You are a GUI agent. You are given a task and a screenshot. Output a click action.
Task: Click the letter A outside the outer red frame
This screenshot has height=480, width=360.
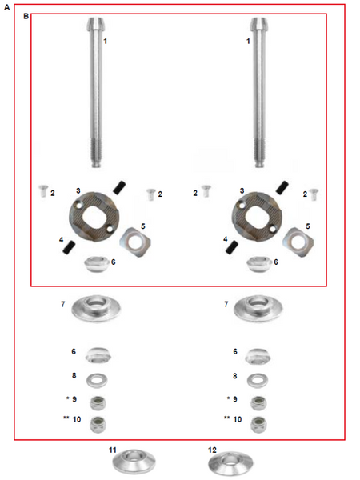[6, 7]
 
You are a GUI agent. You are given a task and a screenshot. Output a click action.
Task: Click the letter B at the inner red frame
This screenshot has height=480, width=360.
[26, 16]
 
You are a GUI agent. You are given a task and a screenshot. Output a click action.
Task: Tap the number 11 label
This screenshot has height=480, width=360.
[113, 450]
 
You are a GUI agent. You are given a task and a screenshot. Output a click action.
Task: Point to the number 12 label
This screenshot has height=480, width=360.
[212, 450]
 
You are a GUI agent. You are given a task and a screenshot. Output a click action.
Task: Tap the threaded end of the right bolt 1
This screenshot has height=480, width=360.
[258, 153]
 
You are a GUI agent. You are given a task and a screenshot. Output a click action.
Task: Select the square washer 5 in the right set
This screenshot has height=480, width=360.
[298, 242]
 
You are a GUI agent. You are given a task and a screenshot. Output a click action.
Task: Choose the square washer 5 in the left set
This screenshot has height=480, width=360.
[135, 242]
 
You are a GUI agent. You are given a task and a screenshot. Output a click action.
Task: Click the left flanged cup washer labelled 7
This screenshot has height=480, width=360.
[96, 309]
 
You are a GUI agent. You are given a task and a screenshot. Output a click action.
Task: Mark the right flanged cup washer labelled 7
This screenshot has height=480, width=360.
[258, 309]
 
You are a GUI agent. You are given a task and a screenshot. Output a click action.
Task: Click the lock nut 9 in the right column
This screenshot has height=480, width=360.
[258, 403]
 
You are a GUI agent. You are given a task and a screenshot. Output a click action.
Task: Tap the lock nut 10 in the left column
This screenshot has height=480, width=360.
[98, 425]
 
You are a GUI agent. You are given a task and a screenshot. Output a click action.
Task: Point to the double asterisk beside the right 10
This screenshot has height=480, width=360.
[227, 418]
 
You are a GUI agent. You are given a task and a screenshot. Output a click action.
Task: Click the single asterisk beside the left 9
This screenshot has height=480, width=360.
[67, 398]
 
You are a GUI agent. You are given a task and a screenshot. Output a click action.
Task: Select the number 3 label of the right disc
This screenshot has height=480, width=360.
[242, 190]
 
